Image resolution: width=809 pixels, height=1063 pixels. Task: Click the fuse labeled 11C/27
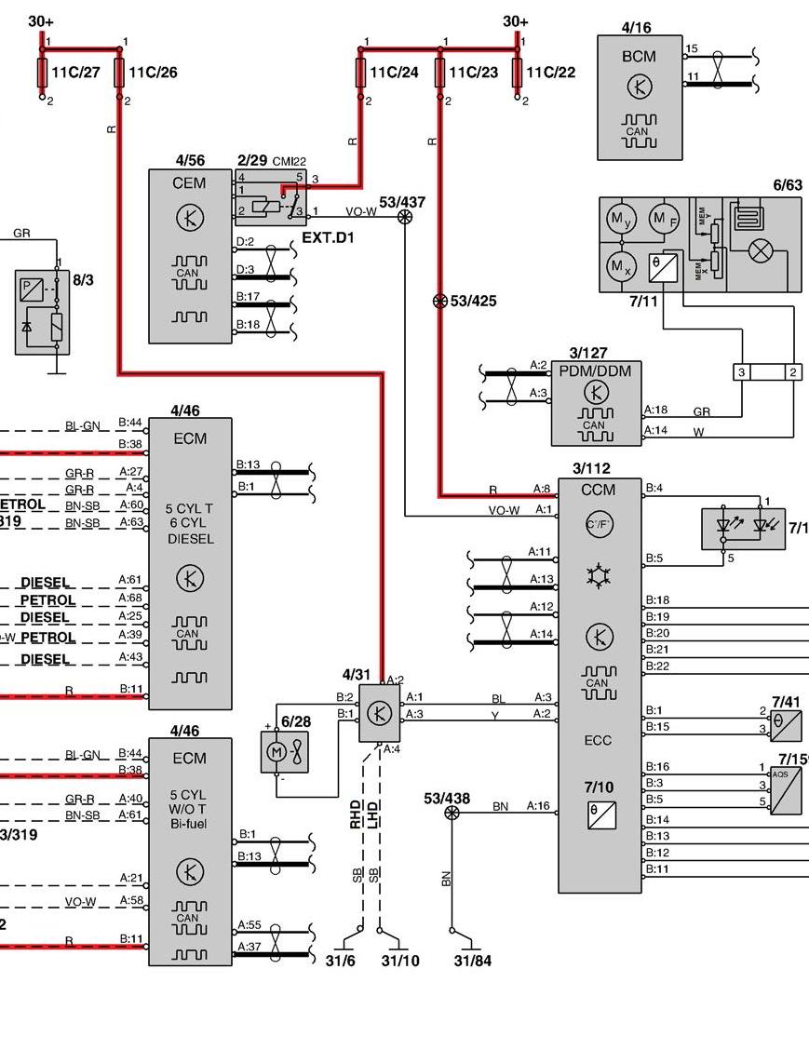43,72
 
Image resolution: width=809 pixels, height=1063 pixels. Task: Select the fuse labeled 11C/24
360,72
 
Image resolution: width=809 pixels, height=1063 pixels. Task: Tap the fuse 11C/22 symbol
517,72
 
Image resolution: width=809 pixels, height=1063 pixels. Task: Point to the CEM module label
189,183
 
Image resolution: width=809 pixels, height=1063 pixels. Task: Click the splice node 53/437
405,216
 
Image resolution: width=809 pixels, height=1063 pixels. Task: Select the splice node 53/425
439,302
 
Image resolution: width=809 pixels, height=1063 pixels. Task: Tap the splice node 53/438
452,813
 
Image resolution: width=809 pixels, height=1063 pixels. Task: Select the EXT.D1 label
327,238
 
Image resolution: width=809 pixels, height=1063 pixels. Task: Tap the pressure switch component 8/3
43,312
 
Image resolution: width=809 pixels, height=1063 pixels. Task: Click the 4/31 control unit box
380,713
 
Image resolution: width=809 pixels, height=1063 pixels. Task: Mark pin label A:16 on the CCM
540,805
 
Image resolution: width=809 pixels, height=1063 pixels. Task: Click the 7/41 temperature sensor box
786,724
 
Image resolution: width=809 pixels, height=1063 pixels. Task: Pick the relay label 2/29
251,161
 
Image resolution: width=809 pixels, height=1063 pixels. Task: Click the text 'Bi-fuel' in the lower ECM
189,824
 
